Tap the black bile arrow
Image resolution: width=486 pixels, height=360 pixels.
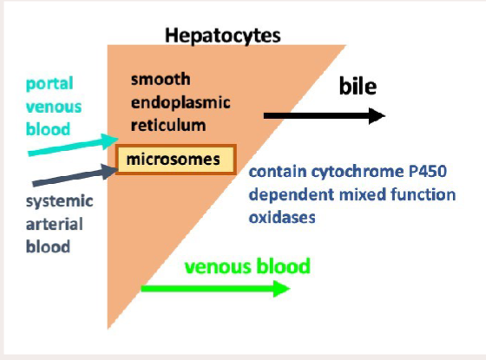coord(321,115)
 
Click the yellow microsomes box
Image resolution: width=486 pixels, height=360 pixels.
coord(175,160)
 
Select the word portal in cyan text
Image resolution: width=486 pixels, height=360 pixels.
coord(49,85)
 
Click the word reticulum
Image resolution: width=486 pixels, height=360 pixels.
coord(167,125)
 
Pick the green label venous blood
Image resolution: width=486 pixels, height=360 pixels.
coord(246,265)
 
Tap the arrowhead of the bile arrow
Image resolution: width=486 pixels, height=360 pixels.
coord(375,115)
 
